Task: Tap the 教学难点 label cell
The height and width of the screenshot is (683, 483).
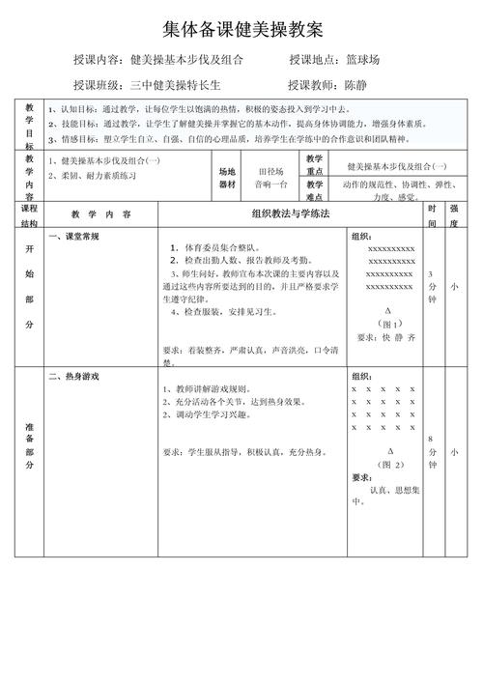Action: click(x=315, y=189)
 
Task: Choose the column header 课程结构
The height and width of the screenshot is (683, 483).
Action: click(x=29, y=214)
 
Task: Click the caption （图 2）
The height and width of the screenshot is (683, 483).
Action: click(x=390, y=465)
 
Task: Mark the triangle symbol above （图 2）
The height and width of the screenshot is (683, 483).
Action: click(x=390, y=451)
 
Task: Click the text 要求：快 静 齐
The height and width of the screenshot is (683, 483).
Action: click(x=386, y=337)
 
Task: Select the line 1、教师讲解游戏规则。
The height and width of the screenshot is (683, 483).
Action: click(x=213, y=388)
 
